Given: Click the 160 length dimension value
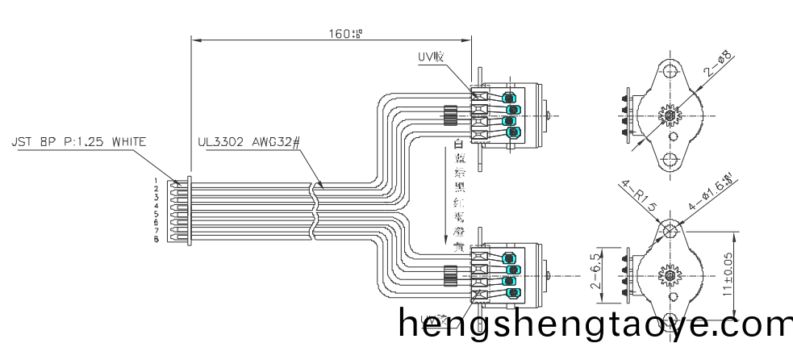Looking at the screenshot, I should [x=344, y=33].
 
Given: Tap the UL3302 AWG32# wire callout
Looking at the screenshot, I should [x=248, y=142].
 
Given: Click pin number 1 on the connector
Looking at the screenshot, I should [x=157, y=181].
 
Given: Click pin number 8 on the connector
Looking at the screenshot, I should [x=157, y=240].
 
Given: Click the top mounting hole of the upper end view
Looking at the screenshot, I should [x=671, y=70].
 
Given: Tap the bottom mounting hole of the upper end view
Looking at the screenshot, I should [x=671, y=161].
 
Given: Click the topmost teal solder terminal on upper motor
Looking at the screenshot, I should [x=510, y=97].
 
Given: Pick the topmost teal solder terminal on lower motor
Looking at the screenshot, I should [x=510, y=257].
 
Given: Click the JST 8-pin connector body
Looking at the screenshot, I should [x=175, y=210].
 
